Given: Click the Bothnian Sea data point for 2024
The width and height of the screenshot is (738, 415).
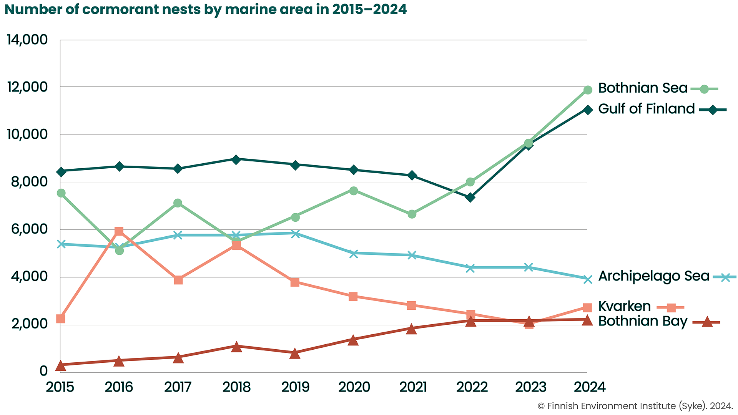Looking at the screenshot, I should click(x=587, y=90).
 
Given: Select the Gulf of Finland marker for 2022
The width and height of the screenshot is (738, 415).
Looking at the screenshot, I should click(x=470, y=198).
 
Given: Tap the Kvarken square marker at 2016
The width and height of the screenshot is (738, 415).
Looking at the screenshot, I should click(x=119, y=231).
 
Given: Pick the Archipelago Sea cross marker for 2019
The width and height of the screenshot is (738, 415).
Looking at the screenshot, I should click(x=295, y=234).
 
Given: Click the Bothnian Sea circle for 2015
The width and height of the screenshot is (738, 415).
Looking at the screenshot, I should click(x=61, y=193).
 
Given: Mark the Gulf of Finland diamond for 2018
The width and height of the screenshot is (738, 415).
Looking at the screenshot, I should click(x=236, y=159).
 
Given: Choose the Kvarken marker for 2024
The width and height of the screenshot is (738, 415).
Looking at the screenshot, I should click(x=587, y=307).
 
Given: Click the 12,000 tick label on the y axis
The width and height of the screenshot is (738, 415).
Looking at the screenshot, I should click(x=27, y=87).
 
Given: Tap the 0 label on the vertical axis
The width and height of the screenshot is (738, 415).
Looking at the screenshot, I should click(x=43, y=371).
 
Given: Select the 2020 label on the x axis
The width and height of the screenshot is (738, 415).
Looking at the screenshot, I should click(x=354, y=387).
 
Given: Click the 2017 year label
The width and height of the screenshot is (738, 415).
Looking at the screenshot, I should click(x=178, y=387).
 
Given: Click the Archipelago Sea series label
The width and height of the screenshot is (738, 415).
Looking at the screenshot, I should click(x=653, y=276).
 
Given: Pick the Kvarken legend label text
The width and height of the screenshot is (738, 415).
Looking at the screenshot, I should click(x=624, y=307).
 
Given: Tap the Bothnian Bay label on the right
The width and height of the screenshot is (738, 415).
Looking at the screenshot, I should click(x=643, y=321).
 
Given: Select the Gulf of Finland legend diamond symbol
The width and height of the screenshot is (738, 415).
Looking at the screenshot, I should click(x=713, y=110).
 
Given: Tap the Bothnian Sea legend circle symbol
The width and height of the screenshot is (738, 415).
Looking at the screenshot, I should click(x=704, y=89).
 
